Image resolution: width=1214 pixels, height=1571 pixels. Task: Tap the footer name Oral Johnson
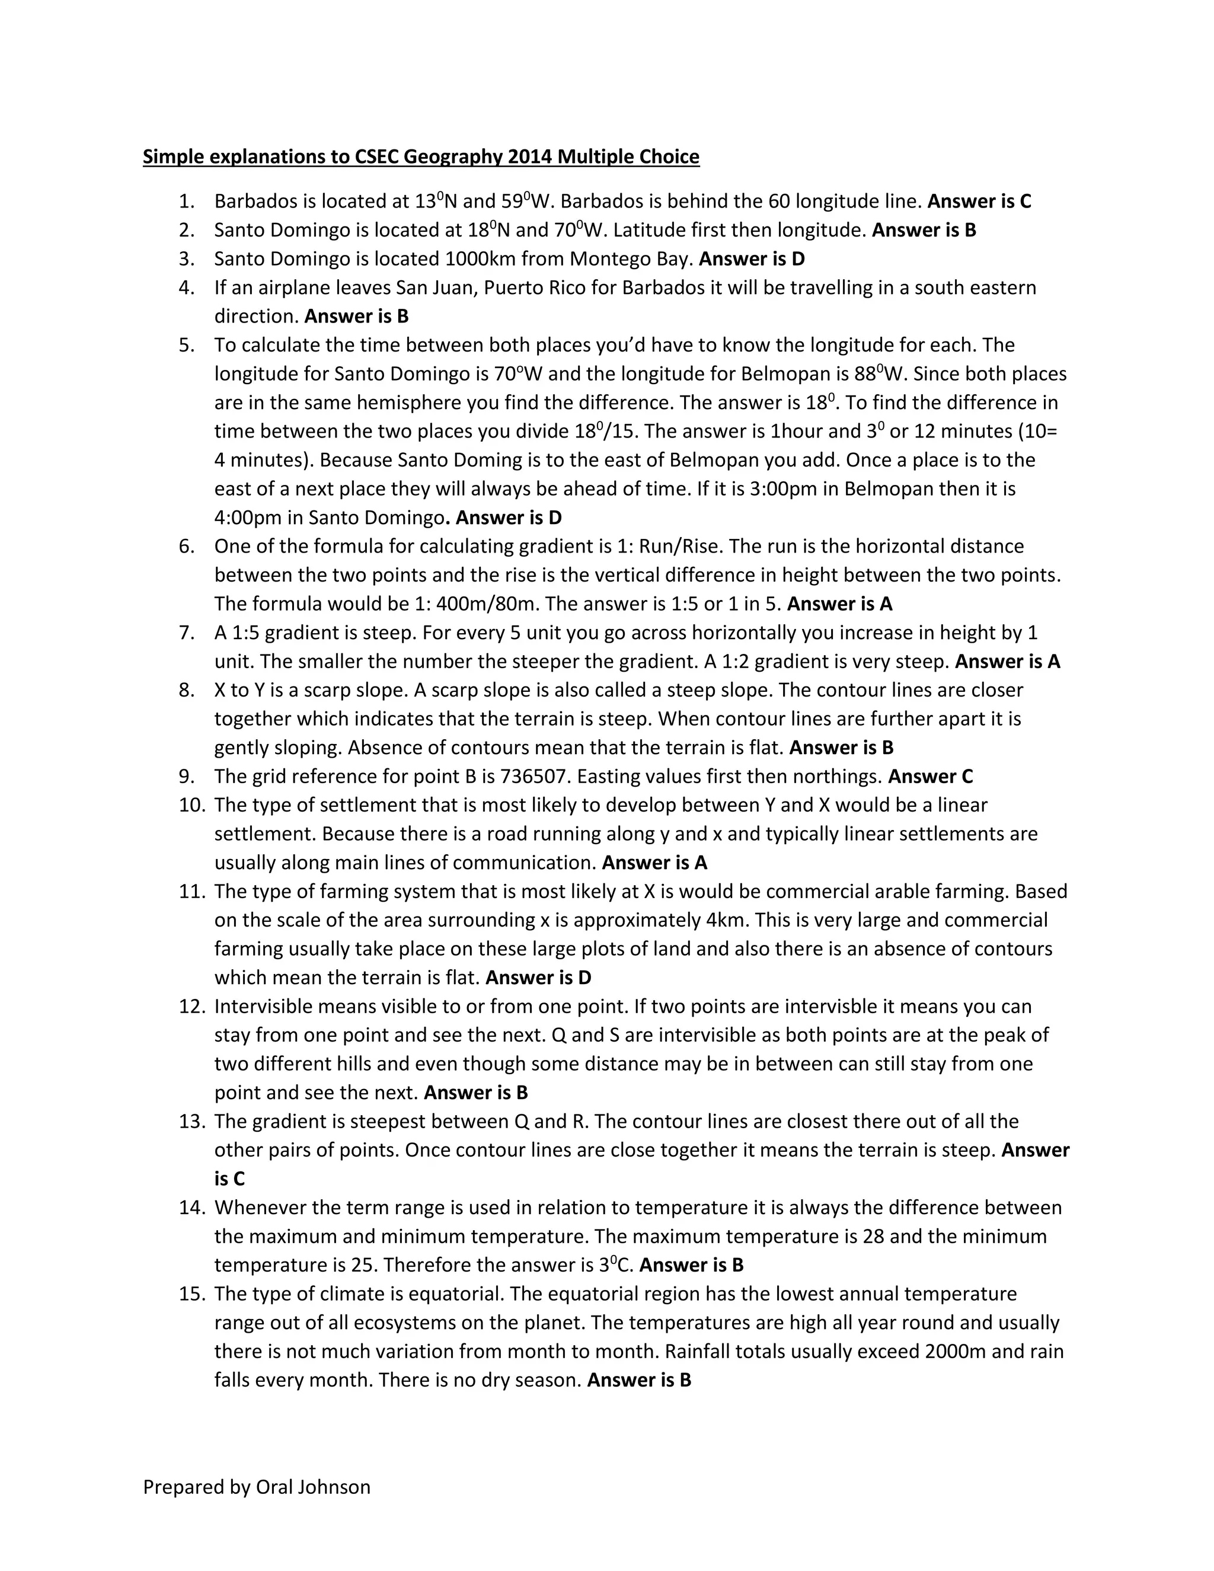point(313,1487)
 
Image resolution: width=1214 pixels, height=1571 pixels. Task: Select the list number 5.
point(186,345)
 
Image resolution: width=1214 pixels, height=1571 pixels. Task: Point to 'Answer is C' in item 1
point(979,202)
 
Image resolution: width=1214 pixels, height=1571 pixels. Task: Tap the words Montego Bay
point(631,259)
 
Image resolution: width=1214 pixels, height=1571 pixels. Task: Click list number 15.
point(192,1294)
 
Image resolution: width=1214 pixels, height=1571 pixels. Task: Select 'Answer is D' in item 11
point(538,978)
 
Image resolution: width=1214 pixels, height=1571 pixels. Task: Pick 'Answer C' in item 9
point(930,777)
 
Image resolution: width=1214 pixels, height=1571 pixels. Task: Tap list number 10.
point(192,805)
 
